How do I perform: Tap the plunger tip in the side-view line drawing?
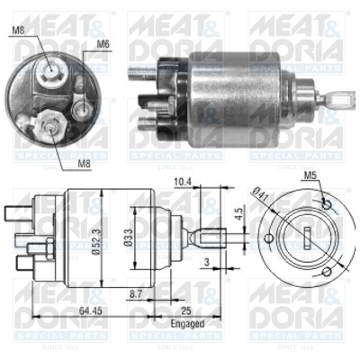click(210, 238)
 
